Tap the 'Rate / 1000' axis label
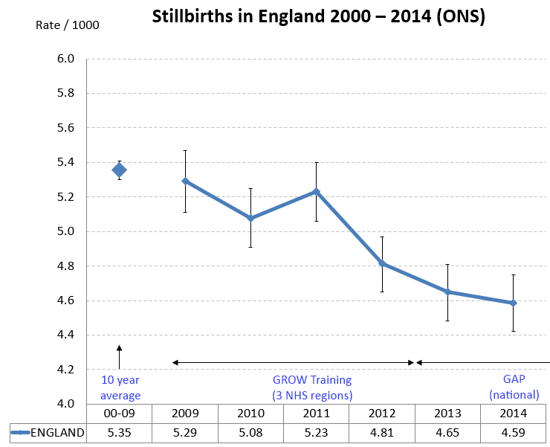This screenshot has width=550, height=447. (67, 25)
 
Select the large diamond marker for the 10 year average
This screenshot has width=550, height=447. (119, 170)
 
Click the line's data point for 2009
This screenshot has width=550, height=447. (185, 181)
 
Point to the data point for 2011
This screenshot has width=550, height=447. (316, 191)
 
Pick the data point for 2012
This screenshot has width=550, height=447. (382, 264)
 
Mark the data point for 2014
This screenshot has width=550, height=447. (513, 303)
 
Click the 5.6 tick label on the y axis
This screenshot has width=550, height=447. (65, 128)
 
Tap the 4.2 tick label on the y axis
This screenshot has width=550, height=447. (65, 370)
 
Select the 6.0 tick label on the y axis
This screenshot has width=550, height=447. (65, 59)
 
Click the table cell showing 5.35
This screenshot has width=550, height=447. (119, 432)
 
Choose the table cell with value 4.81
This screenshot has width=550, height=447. (382, 432)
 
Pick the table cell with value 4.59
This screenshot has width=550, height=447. (513, 432)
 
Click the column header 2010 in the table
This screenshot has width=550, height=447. (250, 414)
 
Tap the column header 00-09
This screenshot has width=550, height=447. (119, 414)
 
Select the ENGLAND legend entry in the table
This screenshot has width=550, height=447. (48, 432)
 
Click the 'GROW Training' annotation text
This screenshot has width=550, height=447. (312, 380)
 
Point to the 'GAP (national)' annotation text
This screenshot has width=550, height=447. (513, 387)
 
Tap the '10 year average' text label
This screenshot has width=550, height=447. (120, 387)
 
